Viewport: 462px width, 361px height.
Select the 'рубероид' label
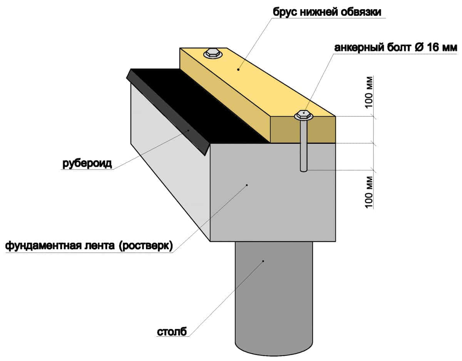87,164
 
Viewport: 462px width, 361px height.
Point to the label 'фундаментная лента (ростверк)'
89,246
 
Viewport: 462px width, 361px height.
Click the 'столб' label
172,331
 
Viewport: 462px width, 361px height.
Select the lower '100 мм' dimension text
369,191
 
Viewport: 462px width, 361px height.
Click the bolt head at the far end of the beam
213,53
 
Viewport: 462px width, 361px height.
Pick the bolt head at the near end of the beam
304,115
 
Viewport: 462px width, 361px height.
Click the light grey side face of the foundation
169,169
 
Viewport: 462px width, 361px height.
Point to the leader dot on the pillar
263,261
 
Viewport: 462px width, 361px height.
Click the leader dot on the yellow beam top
238,70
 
